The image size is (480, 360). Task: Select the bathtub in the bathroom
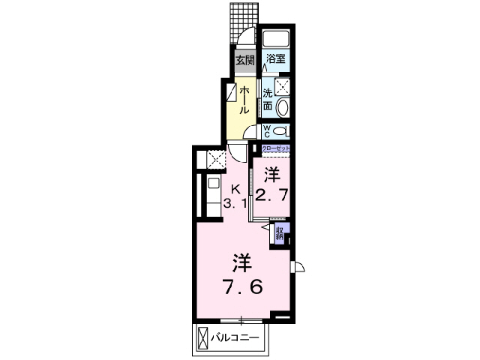(x=277, y=40)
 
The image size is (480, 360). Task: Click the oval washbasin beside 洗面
(x=282, y=108)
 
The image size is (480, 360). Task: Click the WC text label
(x=267, y=131)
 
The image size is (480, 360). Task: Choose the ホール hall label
(x=244, y=97)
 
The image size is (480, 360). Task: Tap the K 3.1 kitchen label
(x=235, y=196)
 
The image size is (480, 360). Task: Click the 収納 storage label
(x=279, y=233)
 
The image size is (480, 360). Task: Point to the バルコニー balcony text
(x=238, y=338)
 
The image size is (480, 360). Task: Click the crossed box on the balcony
(x=205, y=338)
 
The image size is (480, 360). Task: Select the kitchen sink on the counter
(x=213, y=184)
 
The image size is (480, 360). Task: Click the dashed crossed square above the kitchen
(x=216, y=159)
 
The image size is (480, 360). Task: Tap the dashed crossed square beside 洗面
(x=281, y=86)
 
